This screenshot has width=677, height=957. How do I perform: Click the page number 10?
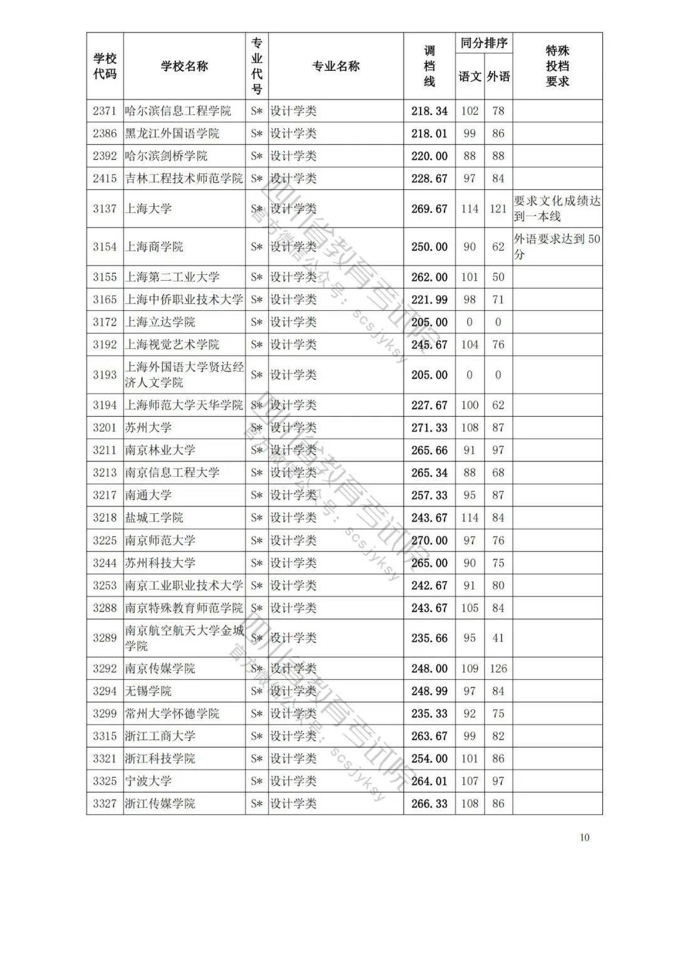point(585,837)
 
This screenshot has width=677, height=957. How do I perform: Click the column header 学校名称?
point(184,66)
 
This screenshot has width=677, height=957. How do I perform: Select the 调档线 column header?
point(429,66)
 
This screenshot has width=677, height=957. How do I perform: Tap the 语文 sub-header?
point(470,76)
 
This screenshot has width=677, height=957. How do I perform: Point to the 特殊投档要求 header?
point(557,66)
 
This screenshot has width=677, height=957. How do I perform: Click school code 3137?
point(105,209)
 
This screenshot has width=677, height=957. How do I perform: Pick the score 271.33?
point(429,427)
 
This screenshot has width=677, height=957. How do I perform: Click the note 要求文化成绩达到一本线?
point(557,209)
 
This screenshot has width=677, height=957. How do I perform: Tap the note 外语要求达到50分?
point(557,247)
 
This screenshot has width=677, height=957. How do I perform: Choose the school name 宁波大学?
point(149,781)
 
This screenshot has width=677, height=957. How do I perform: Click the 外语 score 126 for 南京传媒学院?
point(498,669)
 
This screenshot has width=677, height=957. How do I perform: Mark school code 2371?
point(105,111)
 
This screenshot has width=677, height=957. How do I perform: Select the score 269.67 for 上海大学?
point(429,209)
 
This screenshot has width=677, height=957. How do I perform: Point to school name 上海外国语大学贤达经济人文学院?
point(184,375)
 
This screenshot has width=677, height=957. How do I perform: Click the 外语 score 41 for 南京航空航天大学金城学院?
point(498,638)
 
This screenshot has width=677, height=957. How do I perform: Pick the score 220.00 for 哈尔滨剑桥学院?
point(429,156)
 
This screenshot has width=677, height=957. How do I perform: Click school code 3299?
point(105,714)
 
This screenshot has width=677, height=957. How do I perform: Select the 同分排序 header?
point(484,43)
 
